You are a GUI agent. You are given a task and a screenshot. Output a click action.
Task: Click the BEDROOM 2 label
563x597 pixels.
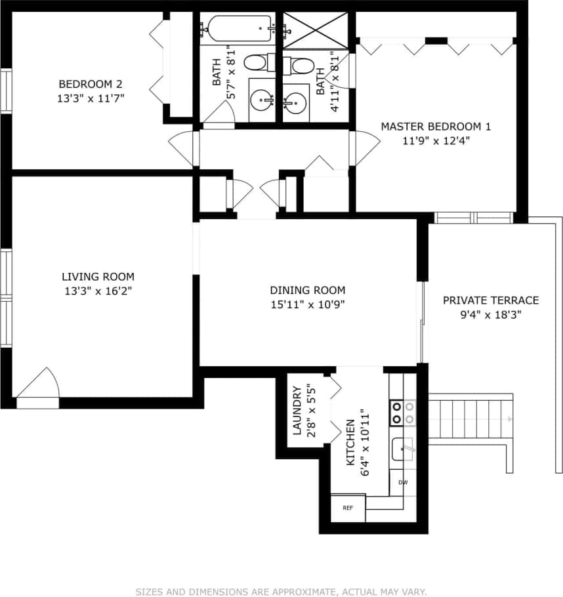pos(91,84)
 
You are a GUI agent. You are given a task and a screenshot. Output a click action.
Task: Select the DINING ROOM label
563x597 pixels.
pos(308,290)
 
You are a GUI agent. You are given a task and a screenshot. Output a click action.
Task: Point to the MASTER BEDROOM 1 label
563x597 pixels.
pos(436,127)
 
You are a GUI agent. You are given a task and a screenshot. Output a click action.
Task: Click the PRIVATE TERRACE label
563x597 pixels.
pos(491,300)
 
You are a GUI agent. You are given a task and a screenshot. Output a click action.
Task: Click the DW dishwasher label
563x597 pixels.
pos(403,483)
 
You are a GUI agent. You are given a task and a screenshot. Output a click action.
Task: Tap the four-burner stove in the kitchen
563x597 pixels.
pos(403,412)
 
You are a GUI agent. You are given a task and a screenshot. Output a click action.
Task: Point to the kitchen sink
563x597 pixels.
pos(402,449)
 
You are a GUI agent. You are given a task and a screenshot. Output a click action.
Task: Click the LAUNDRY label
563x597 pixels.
pos(297,411)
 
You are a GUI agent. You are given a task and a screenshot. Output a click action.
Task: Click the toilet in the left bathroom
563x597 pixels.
pos(255,63)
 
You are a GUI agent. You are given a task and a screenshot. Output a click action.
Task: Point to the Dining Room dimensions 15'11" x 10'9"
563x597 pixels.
pos(308,304)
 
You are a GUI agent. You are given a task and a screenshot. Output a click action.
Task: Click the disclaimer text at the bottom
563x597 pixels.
pos(281,592)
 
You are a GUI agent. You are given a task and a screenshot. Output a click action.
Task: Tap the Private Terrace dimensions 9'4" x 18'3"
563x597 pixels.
pos(491,314)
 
